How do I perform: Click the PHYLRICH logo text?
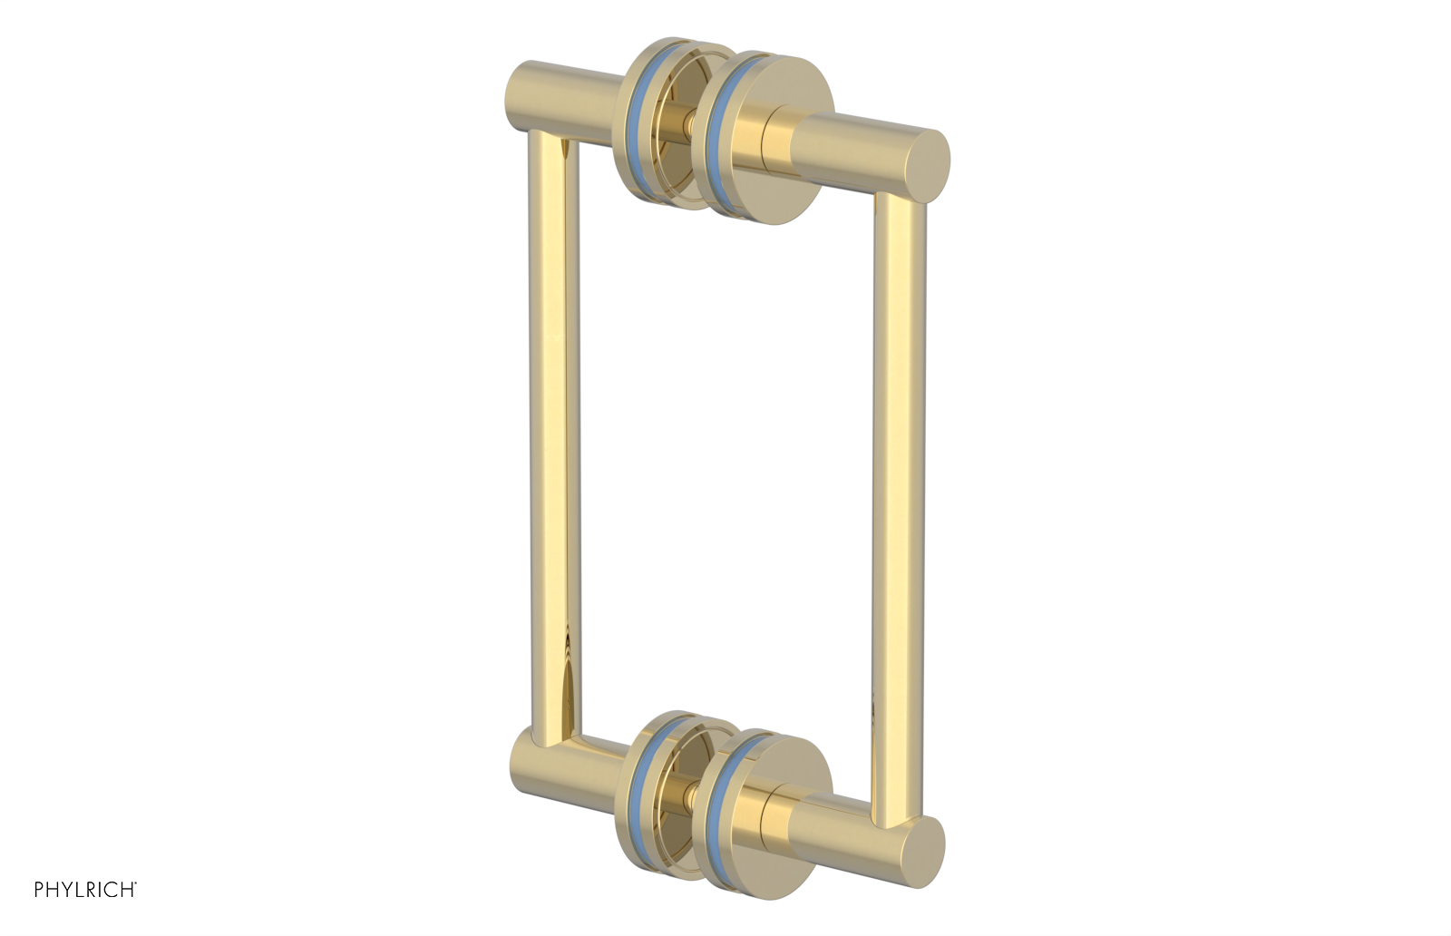coord(85,890)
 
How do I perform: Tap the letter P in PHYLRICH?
coord(40,890)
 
